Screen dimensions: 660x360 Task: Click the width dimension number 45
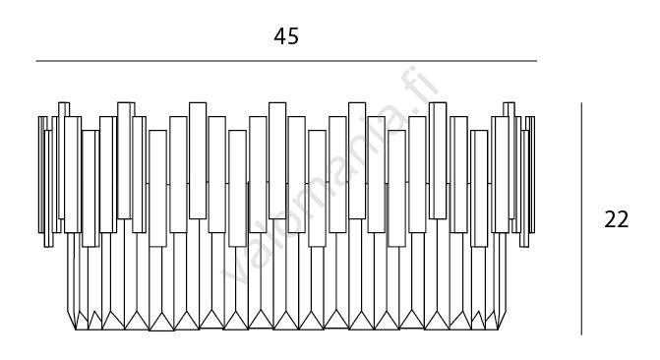[286, 36]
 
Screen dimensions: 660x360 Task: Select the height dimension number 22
[616, 219]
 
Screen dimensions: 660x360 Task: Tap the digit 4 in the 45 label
[280, 36]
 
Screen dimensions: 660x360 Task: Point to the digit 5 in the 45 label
[293, 36]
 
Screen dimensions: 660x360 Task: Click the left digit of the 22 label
[610, 219]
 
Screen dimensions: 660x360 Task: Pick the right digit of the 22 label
[623, 219]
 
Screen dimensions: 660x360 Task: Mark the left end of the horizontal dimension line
[36, 61]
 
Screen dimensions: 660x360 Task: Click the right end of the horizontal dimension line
[537, 61]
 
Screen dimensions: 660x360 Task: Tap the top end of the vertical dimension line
[581, 102]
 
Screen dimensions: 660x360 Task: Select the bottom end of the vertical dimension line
[581, 334]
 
